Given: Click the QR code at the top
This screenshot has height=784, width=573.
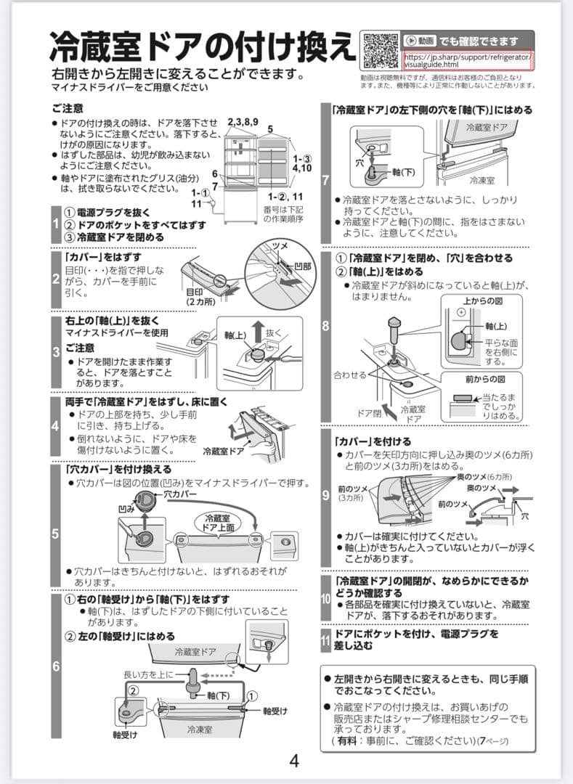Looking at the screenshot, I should (x=379, y=50).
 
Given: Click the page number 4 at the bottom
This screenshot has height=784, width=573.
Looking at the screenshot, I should (x=294, y=761).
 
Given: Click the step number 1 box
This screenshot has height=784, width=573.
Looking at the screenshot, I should (x=56, y=224).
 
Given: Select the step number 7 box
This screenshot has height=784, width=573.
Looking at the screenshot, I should (x=325, y=179).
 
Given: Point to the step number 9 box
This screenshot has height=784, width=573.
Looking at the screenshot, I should (x=325, y=497).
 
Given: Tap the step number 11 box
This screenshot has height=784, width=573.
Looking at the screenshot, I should (x=325, y=640).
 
